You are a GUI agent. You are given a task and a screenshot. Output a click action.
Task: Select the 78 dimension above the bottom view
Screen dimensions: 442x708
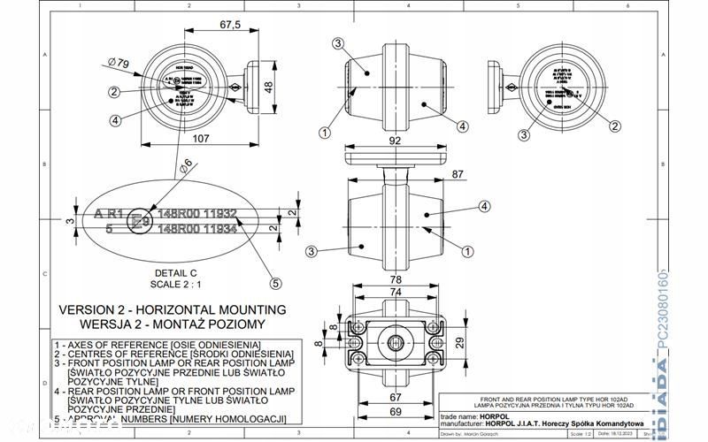click(396, 278)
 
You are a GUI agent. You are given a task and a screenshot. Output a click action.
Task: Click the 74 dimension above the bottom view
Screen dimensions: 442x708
click(396, 293)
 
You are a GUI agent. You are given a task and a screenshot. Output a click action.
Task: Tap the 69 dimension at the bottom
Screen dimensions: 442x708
click(396, 413)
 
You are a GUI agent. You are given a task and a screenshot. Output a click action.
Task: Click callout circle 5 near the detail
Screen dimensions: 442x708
click(275, 284)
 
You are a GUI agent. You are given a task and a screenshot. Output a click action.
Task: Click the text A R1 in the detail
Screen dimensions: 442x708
click(109, 214)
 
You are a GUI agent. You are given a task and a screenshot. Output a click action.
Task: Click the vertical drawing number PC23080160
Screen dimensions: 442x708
click(688, 317)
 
